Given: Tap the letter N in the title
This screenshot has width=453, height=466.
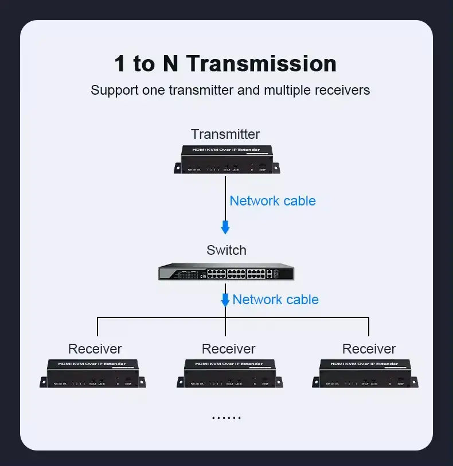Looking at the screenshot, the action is point(170,63).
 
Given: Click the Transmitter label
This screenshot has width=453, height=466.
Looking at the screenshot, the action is point(225,134).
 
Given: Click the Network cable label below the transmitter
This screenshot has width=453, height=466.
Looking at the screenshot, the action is point(272,201).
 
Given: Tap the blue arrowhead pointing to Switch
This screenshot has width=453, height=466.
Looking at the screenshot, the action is point(225,228).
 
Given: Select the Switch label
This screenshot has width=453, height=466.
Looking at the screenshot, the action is point(226,250).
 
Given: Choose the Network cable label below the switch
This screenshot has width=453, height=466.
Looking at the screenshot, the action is point(275,300).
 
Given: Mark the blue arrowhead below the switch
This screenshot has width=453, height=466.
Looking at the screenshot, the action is point(225,301).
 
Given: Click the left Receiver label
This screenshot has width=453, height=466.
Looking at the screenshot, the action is point(95,349).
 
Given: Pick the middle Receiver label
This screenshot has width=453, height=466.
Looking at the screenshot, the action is point(229,349).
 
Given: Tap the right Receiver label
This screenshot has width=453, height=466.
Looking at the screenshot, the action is point(369,349).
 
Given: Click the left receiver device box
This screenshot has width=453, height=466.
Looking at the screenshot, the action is point(93,374).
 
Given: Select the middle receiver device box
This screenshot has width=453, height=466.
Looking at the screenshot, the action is point(229,374).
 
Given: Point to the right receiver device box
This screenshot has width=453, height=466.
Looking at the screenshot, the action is point(365,374).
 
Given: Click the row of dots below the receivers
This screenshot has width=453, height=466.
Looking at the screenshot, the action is point(226,418).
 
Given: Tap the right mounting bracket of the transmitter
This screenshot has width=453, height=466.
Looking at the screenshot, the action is point(276,168).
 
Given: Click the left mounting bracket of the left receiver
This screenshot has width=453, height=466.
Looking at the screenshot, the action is point(44,382).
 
